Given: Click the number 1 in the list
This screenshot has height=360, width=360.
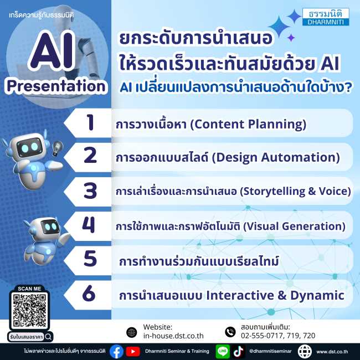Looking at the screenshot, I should click(x=90, y=123).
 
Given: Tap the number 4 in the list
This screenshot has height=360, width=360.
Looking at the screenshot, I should click(x=89, y=225).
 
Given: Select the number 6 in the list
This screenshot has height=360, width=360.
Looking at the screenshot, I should click(x=89, y=294).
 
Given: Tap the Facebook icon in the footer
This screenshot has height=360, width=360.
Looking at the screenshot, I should click(x=116, y=351).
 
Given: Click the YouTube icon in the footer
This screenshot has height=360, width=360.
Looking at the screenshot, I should click(x=133, y=351).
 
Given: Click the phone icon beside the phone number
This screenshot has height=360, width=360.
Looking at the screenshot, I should click(x=230, y=332).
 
